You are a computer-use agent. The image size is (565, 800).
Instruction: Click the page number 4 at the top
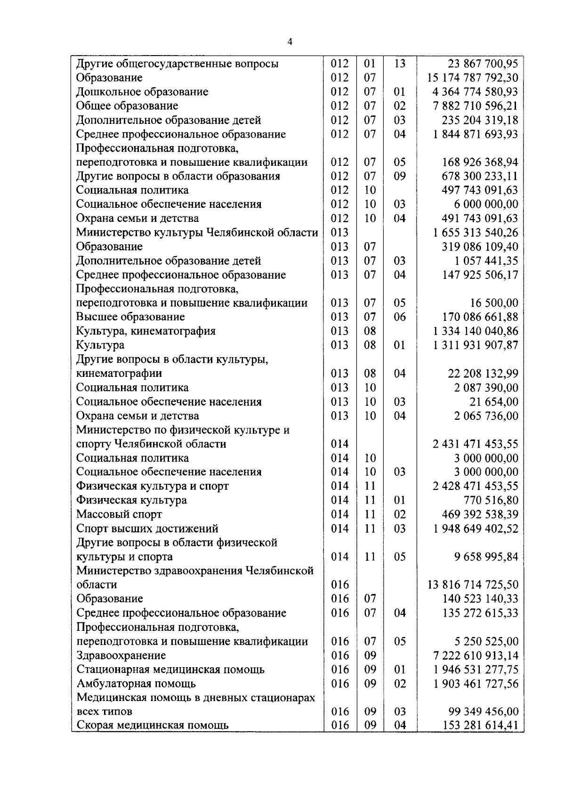(290, 42)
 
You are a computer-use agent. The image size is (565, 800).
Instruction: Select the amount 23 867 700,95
(483, 64)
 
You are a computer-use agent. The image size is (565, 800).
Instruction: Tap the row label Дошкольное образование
(142, 92)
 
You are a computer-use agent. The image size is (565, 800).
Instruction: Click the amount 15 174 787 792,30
(473, 78)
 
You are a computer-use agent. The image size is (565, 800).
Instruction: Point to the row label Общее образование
(127, 106)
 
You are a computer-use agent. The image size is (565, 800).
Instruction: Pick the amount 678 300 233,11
(480, 176)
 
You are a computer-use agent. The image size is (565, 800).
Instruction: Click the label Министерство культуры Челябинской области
(197, 233)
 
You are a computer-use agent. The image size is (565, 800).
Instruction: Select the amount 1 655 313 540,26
(476, 233)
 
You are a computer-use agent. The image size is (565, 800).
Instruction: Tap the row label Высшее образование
(130, 317)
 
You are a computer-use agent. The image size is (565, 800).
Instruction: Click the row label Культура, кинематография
(146, 331)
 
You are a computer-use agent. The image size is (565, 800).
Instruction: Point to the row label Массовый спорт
(119, 514)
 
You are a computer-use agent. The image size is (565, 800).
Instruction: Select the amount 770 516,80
(491, 500)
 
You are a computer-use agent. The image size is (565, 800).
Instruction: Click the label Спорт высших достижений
(147, 529)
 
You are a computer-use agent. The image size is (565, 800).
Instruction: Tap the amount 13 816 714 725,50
(473, 585)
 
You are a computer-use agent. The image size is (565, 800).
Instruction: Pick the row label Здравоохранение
(121, 655)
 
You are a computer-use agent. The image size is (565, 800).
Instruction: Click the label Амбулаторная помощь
(136, 684)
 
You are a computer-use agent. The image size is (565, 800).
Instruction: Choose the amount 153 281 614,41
(480, 725)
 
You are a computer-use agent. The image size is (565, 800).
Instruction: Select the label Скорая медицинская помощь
(153, 725)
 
